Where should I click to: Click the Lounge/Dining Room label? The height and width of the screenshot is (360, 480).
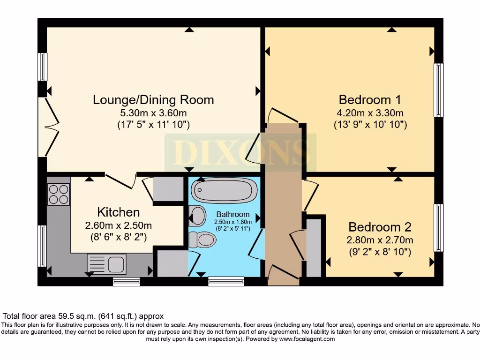coord(153,100)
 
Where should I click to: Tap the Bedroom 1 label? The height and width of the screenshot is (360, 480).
coord(370,100)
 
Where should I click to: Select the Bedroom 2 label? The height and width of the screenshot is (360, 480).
coord(380,227)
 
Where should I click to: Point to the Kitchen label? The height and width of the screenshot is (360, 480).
coord(119,212)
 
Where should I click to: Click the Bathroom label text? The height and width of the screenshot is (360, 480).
coord(233,214)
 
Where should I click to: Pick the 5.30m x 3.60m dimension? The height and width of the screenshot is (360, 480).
coord(153,113)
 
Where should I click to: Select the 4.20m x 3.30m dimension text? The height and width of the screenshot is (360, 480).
coord(370,113)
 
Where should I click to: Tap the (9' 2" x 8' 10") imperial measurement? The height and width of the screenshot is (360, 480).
coord(380,252)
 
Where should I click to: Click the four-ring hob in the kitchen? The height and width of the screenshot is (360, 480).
coord(59,195)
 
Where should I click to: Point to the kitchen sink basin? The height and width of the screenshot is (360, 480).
coord(116,264)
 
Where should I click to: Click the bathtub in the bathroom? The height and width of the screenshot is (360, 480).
coord(224,190)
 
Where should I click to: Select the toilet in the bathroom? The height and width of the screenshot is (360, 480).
coord(202,240)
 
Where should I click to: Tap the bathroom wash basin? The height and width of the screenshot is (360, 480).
coord(197,216)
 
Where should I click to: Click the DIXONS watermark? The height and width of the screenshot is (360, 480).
coord(240,153)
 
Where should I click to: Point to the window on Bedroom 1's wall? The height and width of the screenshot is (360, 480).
coord(439,90)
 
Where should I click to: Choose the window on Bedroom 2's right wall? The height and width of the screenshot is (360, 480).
coord(439,228)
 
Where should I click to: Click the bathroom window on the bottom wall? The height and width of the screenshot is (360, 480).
coord(226,281)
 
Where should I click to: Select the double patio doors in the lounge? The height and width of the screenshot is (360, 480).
coord(48,127)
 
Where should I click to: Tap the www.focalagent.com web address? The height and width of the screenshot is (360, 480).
coord(307,339)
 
